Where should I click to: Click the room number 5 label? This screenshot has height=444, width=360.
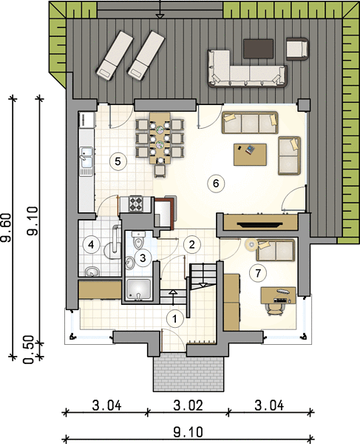pos(118,161)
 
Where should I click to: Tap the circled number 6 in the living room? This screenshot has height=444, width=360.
pos(216,184)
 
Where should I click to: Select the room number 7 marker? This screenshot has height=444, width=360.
pos(258,274)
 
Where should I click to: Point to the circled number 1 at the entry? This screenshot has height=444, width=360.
pos(174,319)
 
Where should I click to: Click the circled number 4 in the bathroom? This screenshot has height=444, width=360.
pos(91,244)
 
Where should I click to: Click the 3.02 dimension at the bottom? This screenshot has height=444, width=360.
pos(188,406)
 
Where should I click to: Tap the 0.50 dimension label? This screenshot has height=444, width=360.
pos(29,350)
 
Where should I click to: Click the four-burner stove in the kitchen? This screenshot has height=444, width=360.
pos(135,204)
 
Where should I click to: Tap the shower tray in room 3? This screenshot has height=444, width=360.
pos(138,289)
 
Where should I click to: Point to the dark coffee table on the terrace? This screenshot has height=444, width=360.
pos(259,49)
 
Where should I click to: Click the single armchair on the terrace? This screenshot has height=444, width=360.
pos(297,49)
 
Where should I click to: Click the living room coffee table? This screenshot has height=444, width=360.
pos(251,155)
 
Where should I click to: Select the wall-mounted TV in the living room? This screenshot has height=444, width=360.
pos(260,224)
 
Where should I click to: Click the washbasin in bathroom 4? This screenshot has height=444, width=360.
pos(92,272)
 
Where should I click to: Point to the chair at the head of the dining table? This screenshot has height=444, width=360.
pos(160,171)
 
